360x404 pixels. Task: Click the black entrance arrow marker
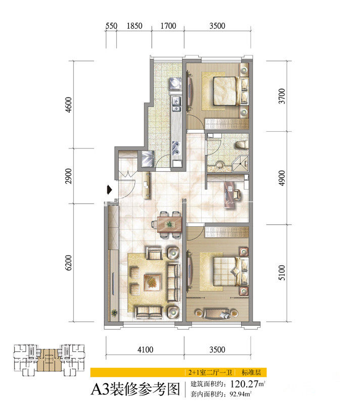[x=110, y=190]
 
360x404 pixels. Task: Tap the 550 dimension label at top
[x=111, y=26]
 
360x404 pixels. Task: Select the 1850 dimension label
[x=134, y=26]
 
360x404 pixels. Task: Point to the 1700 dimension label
[x=168, y=26]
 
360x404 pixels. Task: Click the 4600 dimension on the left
[x=69, y=105]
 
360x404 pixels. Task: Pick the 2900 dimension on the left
[x=69, y=176]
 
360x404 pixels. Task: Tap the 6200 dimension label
[x=69, y=263]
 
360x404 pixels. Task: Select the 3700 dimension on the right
[x=282, y=96]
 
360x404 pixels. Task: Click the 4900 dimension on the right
[x=282, y=178]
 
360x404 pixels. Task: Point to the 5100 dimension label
[x=282, y=273]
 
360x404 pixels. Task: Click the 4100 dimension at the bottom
[x=145, y=349]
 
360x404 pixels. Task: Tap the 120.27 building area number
[x=244, y=384]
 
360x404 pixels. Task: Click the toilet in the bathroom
[x=242, y=145]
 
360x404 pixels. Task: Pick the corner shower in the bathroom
[x=240, y=163]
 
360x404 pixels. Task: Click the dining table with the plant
[x=169, y=224]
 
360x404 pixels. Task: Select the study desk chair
[x=237, y=194]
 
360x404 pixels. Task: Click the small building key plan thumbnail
[x=49, y=360]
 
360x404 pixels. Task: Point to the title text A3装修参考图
[x=136, y=389]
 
